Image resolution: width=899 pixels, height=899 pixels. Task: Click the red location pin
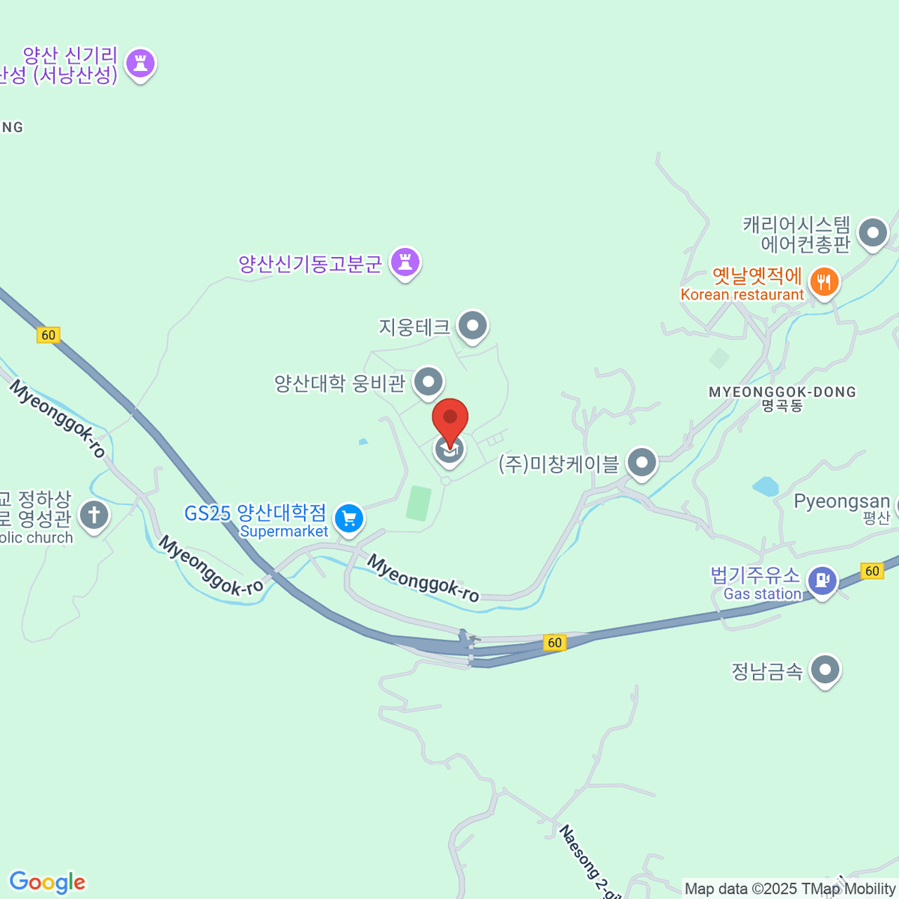[x=450, y=419]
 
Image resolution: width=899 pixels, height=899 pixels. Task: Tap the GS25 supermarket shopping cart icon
[x=349, y=518]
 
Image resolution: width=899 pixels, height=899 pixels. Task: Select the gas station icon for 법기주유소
[x=823, y=581]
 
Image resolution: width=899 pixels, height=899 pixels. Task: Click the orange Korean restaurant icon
[x=824, y=282]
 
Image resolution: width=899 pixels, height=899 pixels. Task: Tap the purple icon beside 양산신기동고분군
[x=405, y=262]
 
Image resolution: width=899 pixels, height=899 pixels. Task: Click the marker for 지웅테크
[x=473, y=326]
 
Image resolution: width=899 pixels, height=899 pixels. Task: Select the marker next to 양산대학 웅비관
[x=429, y=381]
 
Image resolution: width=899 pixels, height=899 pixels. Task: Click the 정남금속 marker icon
[x=826, y=669]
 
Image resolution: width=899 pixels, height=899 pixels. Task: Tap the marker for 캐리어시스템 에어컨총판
[x=873, y=232]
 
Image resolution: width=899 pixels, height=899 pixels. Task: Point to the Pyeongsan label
[x=841, y=501]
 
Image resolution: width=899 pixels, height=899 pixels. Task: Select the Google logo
[x=47, y=883]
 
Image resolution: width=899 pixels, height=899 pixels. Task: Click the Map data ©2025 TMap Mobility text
[x=790, y=889]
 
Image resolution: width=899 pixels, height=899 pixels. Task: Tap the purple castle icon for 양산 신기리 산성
[x=140, y=64]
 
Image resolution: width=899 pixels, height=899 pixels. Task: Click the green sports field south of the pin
[x=420, y=503]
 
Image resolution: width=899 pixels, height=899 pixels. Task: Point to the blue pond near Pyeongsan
[x=766, y=487]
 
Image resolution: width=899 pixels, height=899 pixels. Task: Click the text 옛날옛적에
[x=757, y=276]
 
